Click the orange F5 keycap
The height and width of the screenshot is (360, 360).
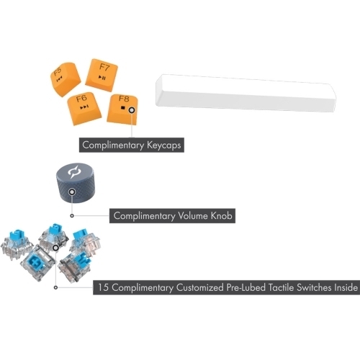pyautogui.click(x=66, y=78)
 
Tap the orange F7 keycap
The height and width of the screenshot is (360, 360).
pyautogui.click(x=102, y=75)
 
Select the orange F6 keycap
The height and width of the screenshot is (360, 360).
pyautogui.click(x=84, y=108)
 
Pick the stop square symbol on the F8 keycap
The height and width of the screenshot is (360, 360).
pyautogui.click(x=123, y=108)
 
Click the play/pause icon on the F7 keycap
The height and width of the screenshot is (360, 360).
pyautogui.click(x=102, y=77)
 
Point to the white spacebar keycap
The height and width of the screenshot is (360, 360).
pyautogui.click(x=246, y=94)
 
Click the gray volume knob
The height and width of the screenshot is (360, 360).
pyautogui.click(x=76, y=183)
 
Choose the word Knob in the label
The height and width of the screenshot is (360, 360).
pyautogui.click(x=222, y=216)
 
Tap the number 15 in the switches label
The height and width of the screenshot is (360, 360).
pyautogui.click(x=103, y=287)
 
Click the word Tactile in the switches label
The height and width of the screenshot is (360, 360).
pyautogui.click(x=281, y=287)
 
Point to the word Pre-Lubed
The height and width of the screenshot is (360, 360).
pyautogui.click(x=246, y=287)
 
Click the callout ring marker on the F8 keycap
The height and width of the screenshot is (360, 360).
pyautogui.click(x=132, y=110)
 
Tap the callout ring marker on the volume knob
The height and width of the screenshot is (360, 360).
pyautogui.click(x=72, y=192)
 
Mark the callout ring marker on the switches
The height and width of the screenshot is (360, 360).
pyautogui.click(x=55, y=248)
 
